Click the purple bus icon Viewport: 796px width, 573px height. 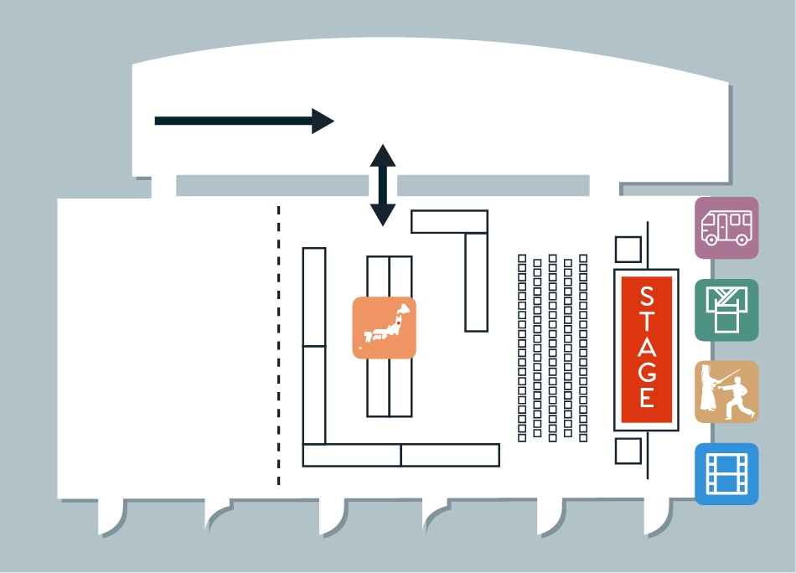pos(726,228)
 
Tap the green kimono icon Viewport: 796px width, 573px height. pos(726,310)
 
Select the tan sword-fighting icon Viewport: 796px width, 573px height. pos(726,392)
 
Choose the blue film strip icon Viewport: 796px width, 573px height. pos(726,474)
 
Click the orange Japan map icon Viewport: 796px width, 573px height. pos(385,328)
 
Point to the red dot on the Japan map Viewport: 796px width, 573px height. pos(399,322)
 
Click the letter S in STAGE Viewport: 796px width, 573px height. pos(647,297)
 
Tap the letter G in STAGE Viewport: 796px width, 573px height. pos(647,371)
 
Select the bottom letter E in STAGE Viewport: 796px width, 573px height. pos(647,397)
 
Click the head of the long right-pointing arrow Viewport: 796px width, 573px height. pos(323,121)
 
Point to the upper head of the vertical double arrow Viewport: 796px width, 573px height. pos(383,155)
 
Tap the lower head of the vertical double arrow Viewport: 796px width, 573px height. pos(383,215)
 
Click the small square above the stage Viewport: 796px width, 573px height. pos(628,249)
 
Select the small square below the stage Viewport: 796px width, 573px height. pos(628,452)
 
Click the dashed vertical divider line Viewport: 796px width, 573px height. pos(279,345)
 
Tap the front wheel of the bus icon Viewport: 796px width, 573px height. pos(711,239)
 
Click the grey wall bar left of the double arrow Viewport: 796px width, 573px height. pos(272,186)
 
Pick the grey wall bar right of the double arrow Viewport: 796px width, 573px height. pos(493,186)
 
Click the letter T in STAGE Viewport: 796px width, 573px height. pos(647,322)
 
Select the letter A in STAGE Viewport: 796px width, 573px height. pos(647,347)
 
